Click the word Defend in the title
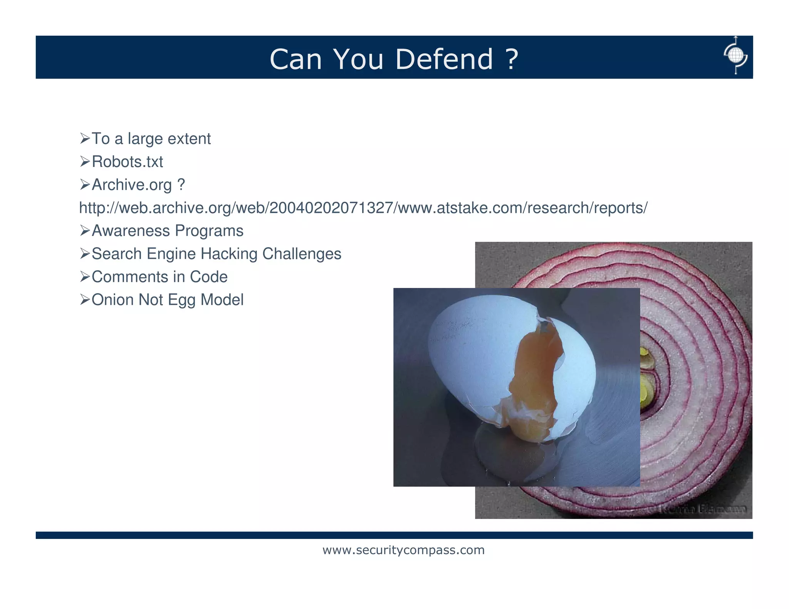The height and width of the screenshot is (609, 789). (444, 59)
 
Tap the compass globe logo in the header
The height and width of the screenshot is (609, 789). (735, 55)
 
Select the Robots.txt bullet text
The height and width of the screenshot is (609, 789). (127, 162)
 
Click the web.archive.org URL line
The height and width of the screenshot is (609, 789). (363, 208)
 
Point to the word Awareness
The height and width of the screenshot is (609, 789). (131, 231)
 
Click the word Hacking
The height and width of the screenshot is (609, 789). (229, 254)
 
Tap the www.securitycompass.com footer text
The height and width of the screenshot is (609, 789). (403, 550)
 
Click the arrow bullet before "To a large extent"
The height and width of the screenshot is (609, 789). (84, 138)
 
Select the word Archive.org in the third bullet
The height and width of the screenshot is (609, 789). (131, 185)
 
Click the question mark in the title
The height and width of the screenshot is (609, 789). (511, 59)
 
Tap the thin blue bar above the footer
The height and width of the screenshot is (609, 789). (394, 535)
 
